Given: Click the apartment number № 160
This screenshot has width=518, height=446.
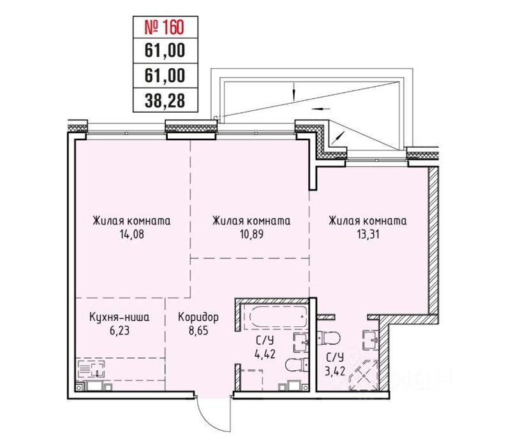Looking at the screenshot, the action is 164,27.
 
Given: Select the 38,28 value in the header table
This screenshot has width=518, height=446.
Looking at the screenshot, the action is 165,100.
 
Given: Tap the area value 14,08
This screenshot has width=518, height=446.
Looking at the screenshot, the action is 132,234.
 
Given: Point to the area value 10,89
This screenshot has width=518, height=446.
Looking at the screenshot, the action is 251,234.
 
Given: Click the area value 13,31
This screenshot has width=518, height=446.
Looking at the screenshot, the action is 367,234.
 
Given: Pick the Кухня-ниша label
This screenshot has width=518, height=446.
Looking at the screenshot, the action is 119,317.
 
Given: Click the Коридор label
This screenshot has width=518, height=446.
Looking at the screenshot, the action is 198,317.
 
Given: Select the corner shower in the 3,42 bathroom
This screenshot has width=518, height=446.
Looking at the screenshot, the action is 364,375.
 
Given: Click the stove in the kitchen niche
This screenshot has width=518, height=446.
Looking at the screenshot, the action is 91,369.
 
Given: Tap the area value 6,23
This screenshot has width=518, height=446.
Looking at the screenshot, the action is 119,331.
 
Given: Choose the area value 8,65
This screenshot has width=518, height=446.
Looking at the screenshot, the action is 198,331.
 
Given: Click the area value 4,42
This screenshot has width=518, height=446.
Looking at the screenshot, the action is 265,354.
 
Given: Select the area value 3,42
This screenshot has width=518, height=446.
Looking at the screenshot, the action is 335,371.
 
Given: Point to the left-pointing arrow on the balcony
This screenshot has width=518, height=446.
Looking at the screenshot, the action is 320,108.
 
